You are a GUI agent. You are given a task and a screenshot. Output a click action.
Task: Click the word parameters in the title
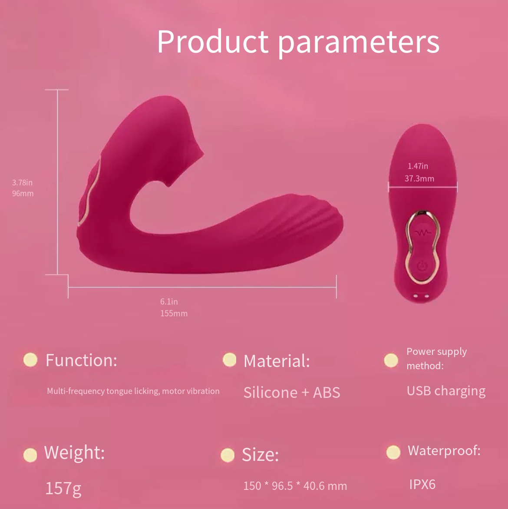(x=359, y=44)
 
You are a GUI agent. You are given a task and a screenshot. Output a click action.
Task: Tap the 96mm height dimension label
(x=23, y=193)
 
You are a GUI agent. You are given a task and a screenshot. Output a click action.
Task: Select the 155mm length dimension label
(x=174, y=313)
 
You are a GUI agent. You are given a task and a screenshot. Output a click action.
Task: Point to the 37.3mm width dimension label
(x=419, y=178)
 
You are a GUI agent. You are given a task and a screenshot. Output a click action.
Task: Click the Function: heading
(x=81, y=360)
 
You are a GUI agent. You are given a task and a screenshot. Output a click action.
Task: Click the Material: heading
(x=277, y=361)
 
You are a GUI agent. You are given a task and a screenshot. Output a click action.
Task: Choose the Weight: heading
(x=74, y=452)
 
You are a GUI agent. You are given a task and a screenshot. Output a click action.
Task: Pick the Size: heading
(x=261, y=454)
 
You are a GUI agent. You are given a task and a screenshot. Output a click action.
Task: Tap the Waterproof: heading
(x=444, y=450)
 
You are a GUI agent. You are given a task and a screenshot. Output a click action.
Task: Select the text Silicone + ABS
(x=292, y=393)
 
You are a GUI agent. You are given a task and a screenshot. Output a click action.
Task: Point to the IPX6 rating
(x=422, y=484)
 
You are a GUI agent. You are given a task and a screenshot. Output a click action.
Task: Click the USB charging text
(x=446, y=391)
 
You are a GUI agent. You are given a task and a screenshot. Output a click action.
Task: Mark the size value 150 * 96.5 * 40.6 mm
(x=295, y=486)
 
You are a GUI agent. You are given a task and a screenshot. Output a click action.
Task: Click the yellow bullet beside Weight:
(x=30, y=455)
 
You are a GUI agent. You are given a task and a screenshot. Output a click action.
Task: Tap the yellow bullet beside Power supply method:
(x=391, y=360)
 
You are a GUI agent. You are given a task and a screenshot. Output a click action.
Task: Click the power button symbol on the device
(x=422, y=266)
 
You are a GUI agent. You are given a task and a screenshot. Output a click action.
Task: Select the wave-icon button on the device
(x=422, y=232)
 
